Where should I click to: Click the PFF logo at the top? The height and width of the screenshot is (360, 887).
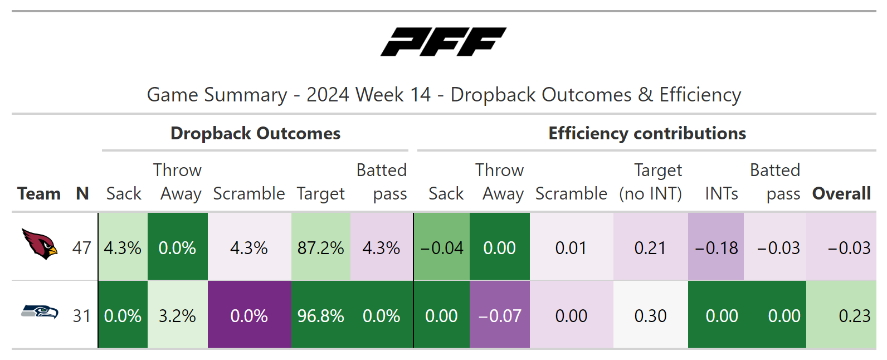click(x=443, y=42)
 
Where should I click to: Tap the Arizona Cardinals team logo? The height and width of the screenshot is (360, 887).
click(x=40, y=244)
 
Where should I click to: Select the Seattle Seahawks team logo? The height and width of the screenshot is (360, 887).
click(x=40, y=312)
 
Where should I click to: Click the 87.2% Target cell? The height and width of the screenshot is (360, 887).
click(x=320, y=247)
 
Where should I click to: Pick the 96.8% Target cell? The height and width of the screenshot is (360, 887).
click(x=320, y=315)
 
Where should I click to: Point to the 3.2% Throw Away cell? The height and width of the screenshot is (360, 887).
click(x=177, y=315)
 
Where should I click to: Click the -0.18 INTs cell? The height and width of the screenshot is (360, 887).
click(x=717, y=247)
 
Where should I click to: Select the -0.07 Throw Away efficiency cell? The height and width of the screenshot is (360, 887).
click(x=500, y=315)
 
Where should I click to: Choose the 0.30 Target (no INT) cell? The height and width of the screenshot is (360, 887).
click(x=650, y=315)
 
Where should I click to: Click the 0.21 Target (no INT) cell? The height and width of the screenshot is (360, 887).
click(x=650, y=247)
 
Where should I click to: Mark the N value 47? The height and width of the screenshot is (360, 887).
click(x=82, y=247)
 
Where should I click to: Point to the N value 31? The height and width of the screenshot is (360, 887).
click(x=82, y=315)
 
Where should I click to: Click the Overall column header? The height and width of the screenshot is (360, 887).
click(x=841, y=193)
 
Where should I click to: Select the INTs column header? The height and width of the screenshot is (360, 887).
click(x=722, y=193)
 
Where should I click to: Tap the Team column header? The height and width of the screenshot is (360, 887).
click(x=39, y=193)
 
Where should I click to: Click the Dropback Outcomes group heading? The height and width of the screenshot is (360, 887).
click(x=255, y=133)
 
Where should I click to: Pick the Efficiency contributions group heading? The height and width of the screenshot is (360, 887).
click(x=647, y=133)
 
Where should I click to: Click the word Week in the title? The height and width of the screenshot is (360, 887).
click(x=380, y=95)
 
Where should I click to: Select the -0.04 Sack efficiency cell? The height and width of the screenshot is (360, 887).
click(x=442, y=247)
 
